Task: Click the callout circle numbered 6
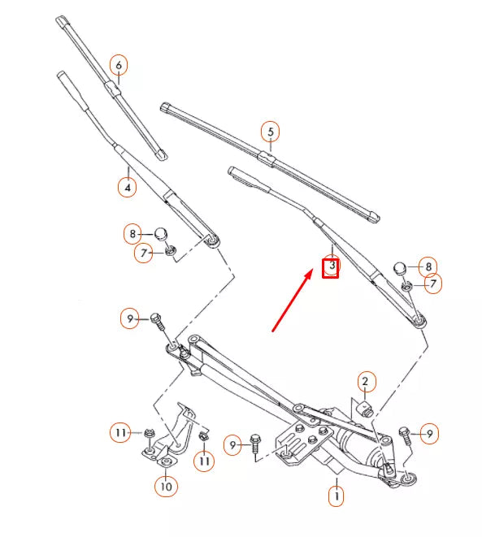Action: tap(119, 64)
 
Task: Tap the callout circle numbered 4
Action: tap(126, 186)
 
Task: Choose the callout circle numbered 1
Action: tap(336, 494)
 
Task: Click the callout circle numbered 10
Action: tap(165, 487)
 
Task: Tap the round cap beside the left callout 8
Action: tap(162, 235)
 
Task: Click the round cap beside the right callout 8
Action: tap(400, 269)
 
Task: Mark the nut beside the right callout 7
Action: tap(406, 285)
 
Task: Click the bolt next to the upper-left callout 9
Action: tap(158, 320)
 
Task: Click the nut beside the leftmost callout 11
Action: tap(149, 435)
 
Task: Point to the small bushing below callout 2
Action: tap(365, 405)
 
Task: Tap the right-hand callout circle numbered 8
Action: tap(428, 266)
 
